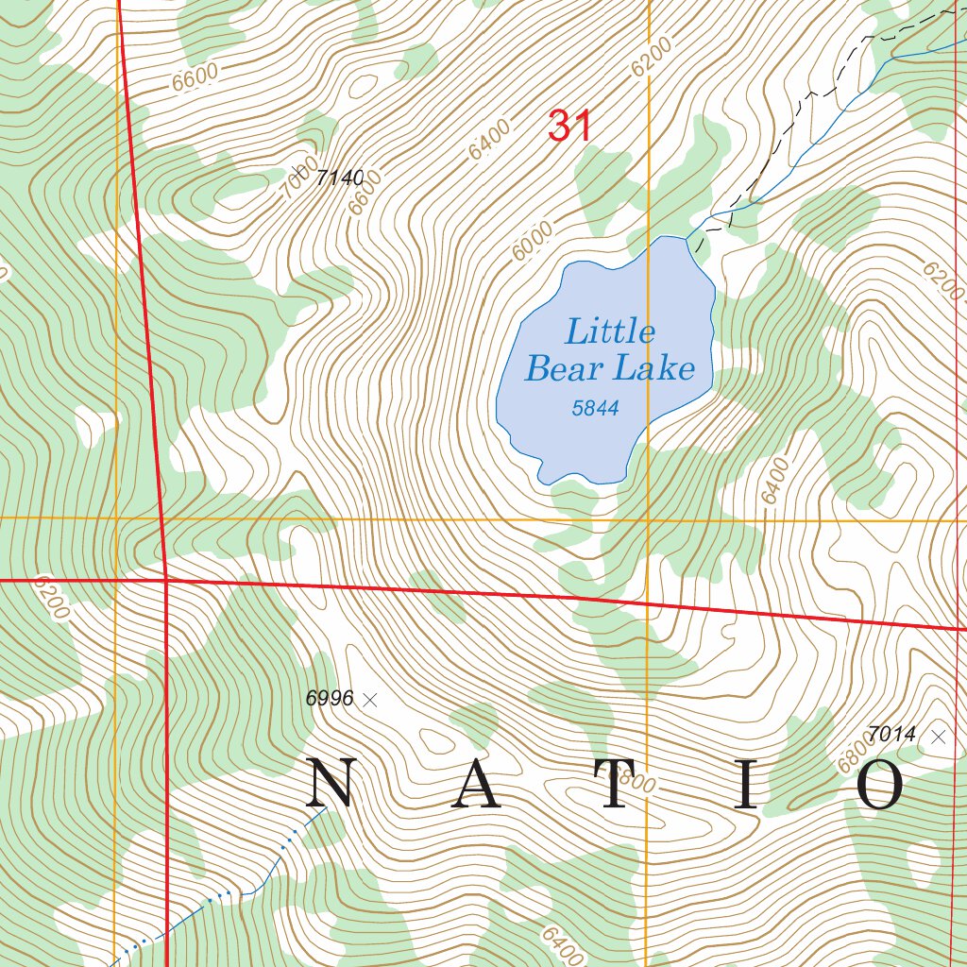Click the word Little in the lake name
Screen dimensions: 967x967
(x=610, y=332)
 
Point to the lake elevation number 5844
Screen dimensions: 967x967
(x=595, y=408)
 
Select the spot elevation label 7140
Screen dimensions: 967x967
(x=340, y=177)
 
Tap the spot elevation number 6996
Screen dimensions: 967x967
(x=330, y=699)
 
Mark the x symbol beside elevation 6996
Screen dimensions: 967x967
(x=370, y=700)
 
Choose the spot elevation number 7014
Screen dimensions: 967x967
(x=892, y=734)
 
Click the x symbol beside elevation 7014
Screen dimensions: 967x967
(x=938, y=737)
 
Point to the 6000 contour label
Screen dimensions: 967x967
(x=533, y=247)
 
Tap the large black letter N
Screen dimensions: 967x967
(x=331, y=785)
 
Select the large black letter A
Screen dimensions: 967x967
(x=475, y=785)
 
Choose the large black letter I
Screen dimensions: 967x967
(x=747, y=785)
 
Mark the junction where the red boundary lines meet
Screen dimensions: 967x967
(x=165, y=579)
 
